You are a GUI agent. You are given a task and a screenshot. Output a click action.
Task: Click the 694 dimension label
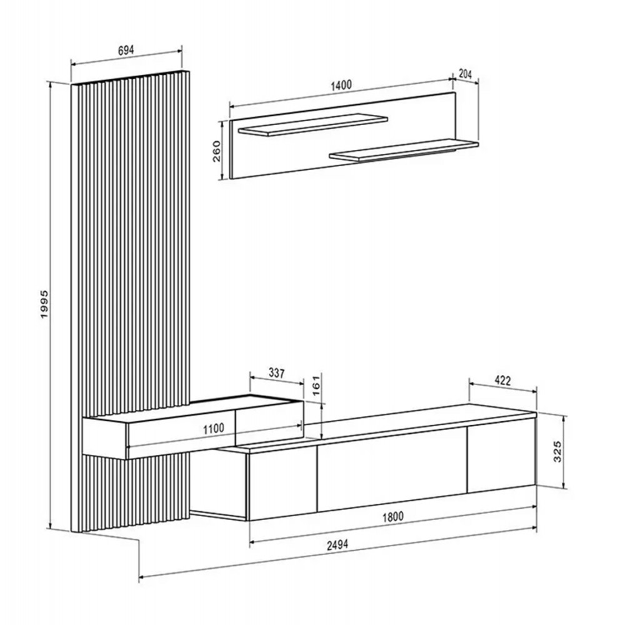click(126, 50)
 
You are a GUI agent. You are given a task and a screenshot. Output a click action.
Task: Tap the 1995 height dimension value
click(44, 304)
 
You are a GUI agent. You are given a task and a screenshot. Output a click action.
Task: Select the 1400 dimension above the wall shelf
click(342, 85)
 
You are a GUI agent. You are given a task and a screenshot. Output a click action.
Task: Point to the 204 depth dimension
click(465, 74)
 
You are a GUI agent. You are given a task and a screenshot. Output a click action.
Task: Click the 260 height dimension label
click(216, 151)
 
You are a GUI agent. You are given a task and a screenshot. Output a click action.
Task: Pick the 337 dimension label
click(277, 373)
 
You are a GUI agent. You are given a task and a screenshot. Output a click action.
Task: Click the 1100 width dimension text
click(214, 429)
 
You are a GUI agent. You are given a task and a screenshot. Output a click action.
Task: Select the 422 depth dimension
click(502, 381)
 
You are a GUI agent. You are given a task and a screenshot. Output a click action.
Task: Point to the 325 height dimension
click(557, 451)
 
